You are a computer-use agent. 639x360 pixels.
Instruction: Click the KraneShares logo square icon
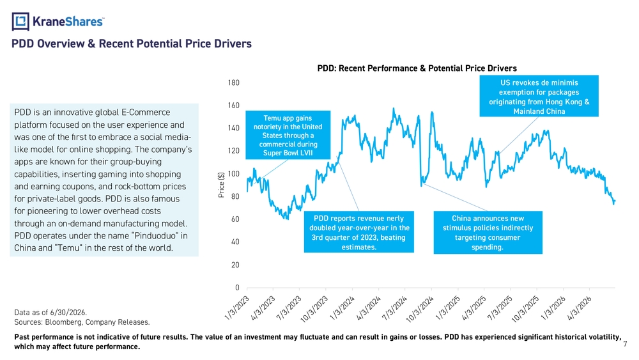(20, 22)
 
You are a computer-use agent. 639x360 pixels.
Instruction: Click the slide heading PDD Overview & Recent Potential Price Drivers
(131, 43)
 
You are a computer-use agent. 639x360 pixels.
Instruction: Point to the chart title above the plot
(417, 68)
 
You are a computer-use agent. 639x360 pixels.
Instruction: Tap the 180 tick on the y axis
(233, 82)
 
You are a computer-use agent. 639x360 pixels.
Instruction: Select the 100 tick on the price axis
(233, 174)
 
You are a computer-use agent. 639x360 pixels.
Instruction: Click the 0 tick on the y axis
(237, 288)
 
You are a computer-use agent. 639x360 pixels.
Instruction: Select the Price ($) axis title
(221, 185)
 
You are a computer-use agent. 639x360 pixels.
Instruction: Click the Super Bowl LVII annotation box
(288, 135)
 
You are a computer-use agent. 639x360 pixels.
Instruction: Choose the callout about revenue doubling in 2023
(358, 232)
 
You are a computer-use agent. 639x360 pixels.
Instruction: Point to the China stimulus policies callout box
(488, 232)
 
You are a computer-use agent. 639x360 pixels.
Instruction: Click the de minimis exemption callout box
(539, 96)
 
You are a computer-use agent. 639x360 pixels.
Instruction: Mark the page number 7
(625, 344)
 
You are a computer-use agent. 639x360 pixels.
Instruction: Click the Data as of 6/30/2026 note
(50, 313)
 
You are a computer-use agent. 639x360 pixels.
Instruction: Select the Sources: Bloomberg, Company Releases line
(82, 322)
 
